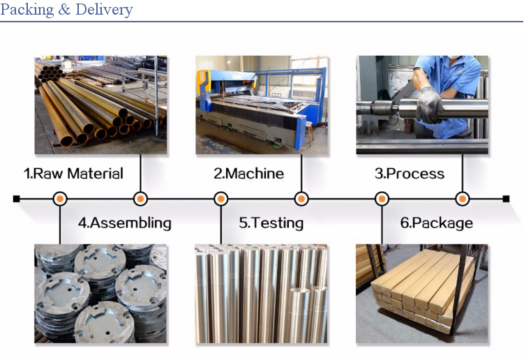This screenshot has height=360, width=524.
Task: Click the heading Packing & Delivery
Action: coord(66,9)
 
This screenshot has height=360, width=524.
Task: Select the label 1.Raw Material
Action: coord(73,174)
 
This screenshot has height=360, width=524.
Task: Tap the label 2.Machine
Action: coord(249,174)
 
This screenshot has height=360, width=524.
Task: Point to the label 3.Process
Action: coord(410,174)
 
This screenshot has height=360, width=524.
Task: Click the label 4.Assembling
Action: coord(125,223)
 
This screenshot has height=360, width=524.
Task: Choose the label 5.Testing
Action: coord(271,223)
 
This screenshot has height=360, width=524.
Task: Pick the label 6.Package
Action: coord(437,223)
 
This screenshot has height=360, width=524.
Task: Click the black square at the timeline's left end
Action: coord(16,199)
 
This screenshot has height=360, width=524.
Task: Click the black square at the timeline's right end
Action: coord(506,199)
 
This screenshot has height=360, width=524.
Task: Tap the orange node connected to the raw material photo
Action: coord(140,199)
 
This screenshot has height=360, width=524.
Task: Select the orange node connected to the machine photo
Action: coord(301,199)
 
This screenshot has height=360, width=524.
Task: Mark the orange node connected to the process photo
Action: coord(462,199)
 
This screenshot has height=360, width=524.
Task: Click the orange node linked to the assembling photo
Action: coord(60,199)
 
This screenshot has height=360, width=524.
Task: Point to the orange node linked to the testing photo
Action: coord(221,199)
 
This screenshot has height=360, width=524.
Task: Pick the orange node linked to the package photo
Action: coord(382,199)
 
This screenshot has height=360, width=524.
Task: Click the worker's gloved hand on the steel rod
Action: coord(429,105)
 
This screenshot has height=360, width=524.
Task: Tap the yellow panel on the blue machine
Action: coord(203,81)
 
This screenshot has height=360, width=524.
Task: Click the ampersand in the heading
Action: coord(64,9)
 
